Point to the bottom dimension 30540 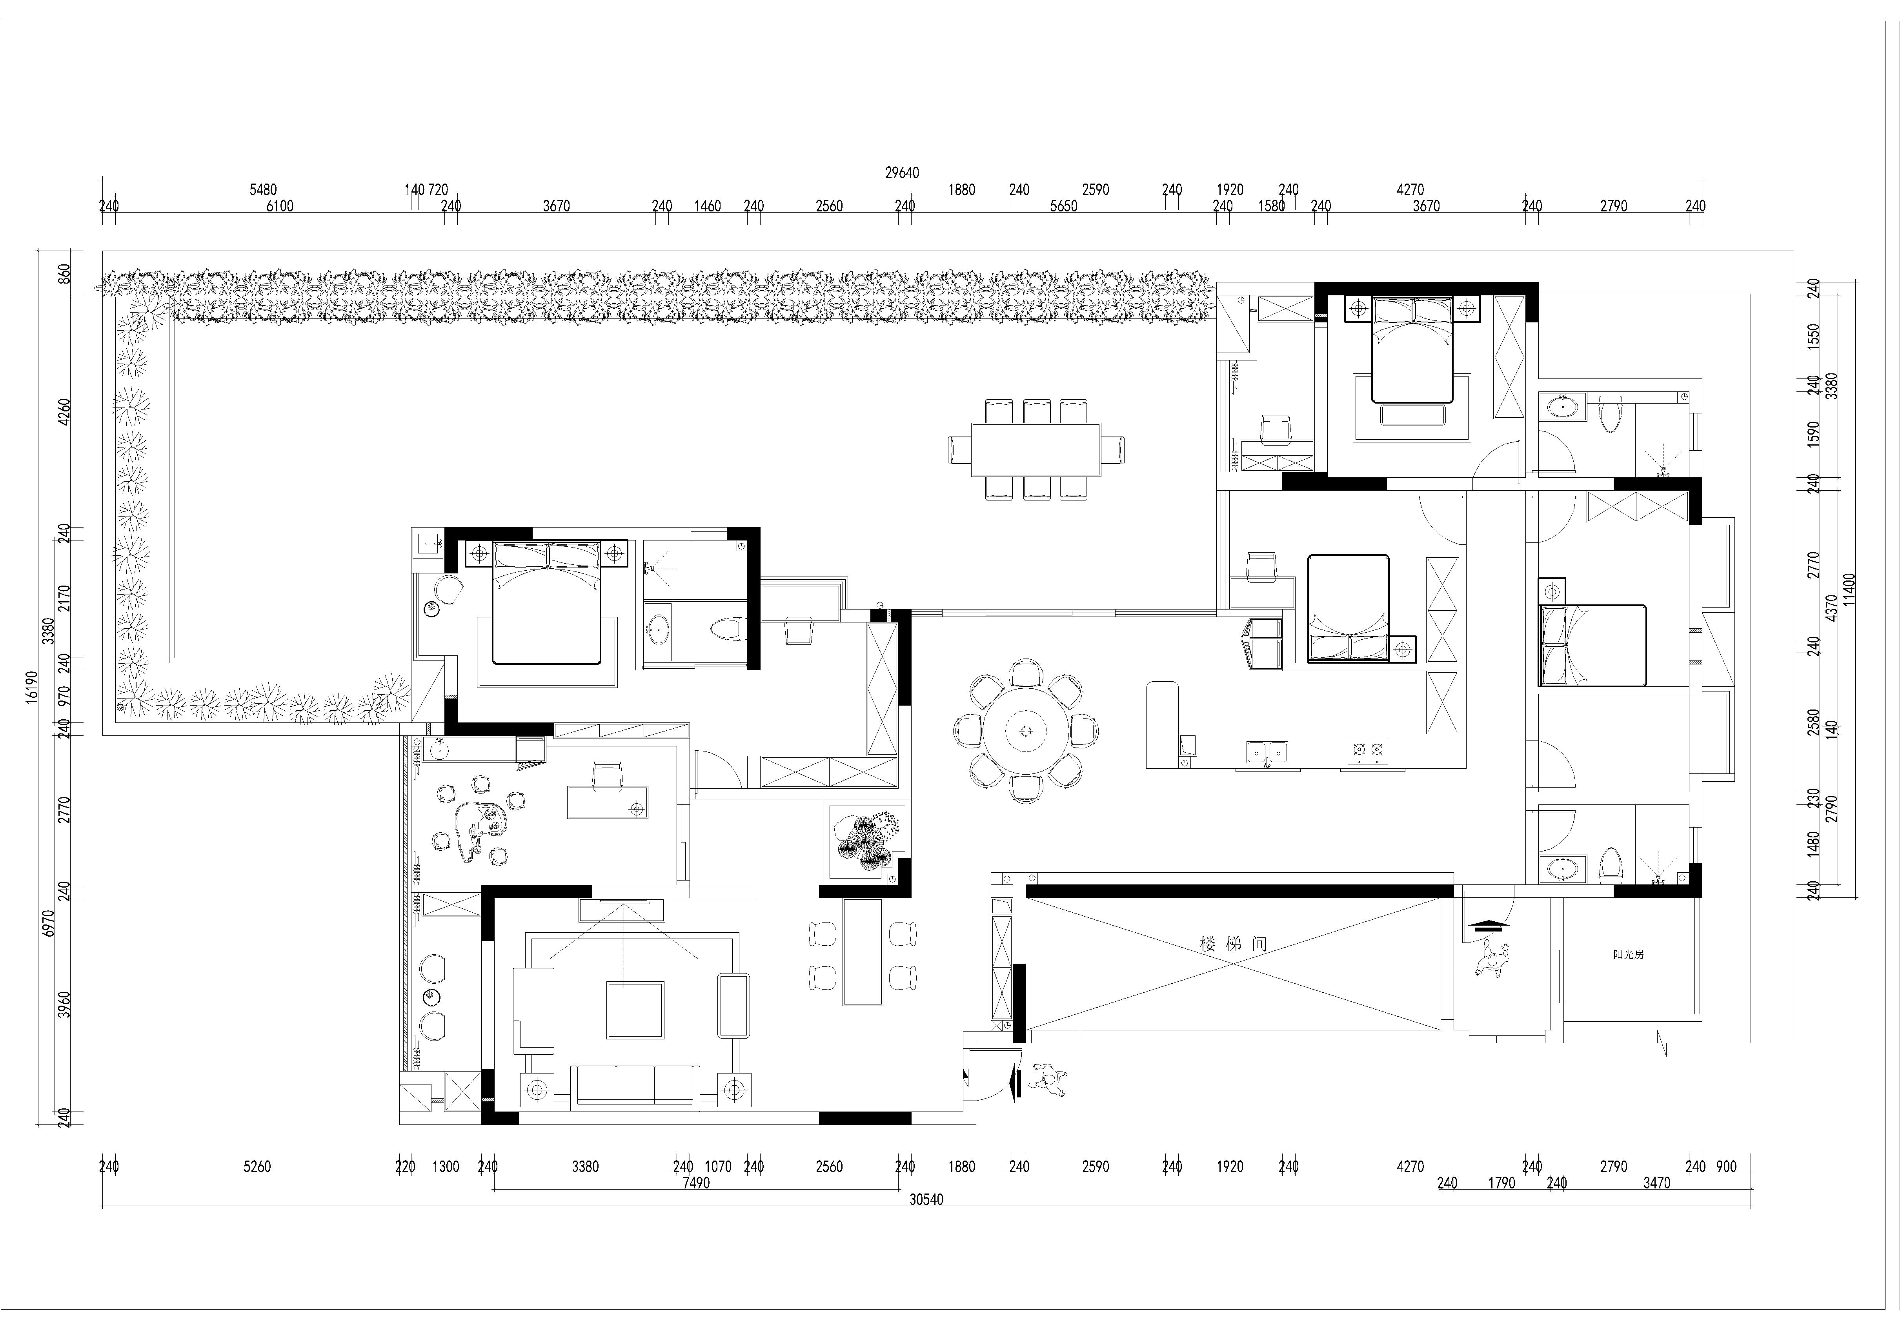[x=926, y=1199]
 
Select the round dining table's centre [x=1026, y=730]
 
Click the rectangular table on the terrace [x=1036, y=449]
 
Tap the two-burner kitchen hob [x=1368, y=750]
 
